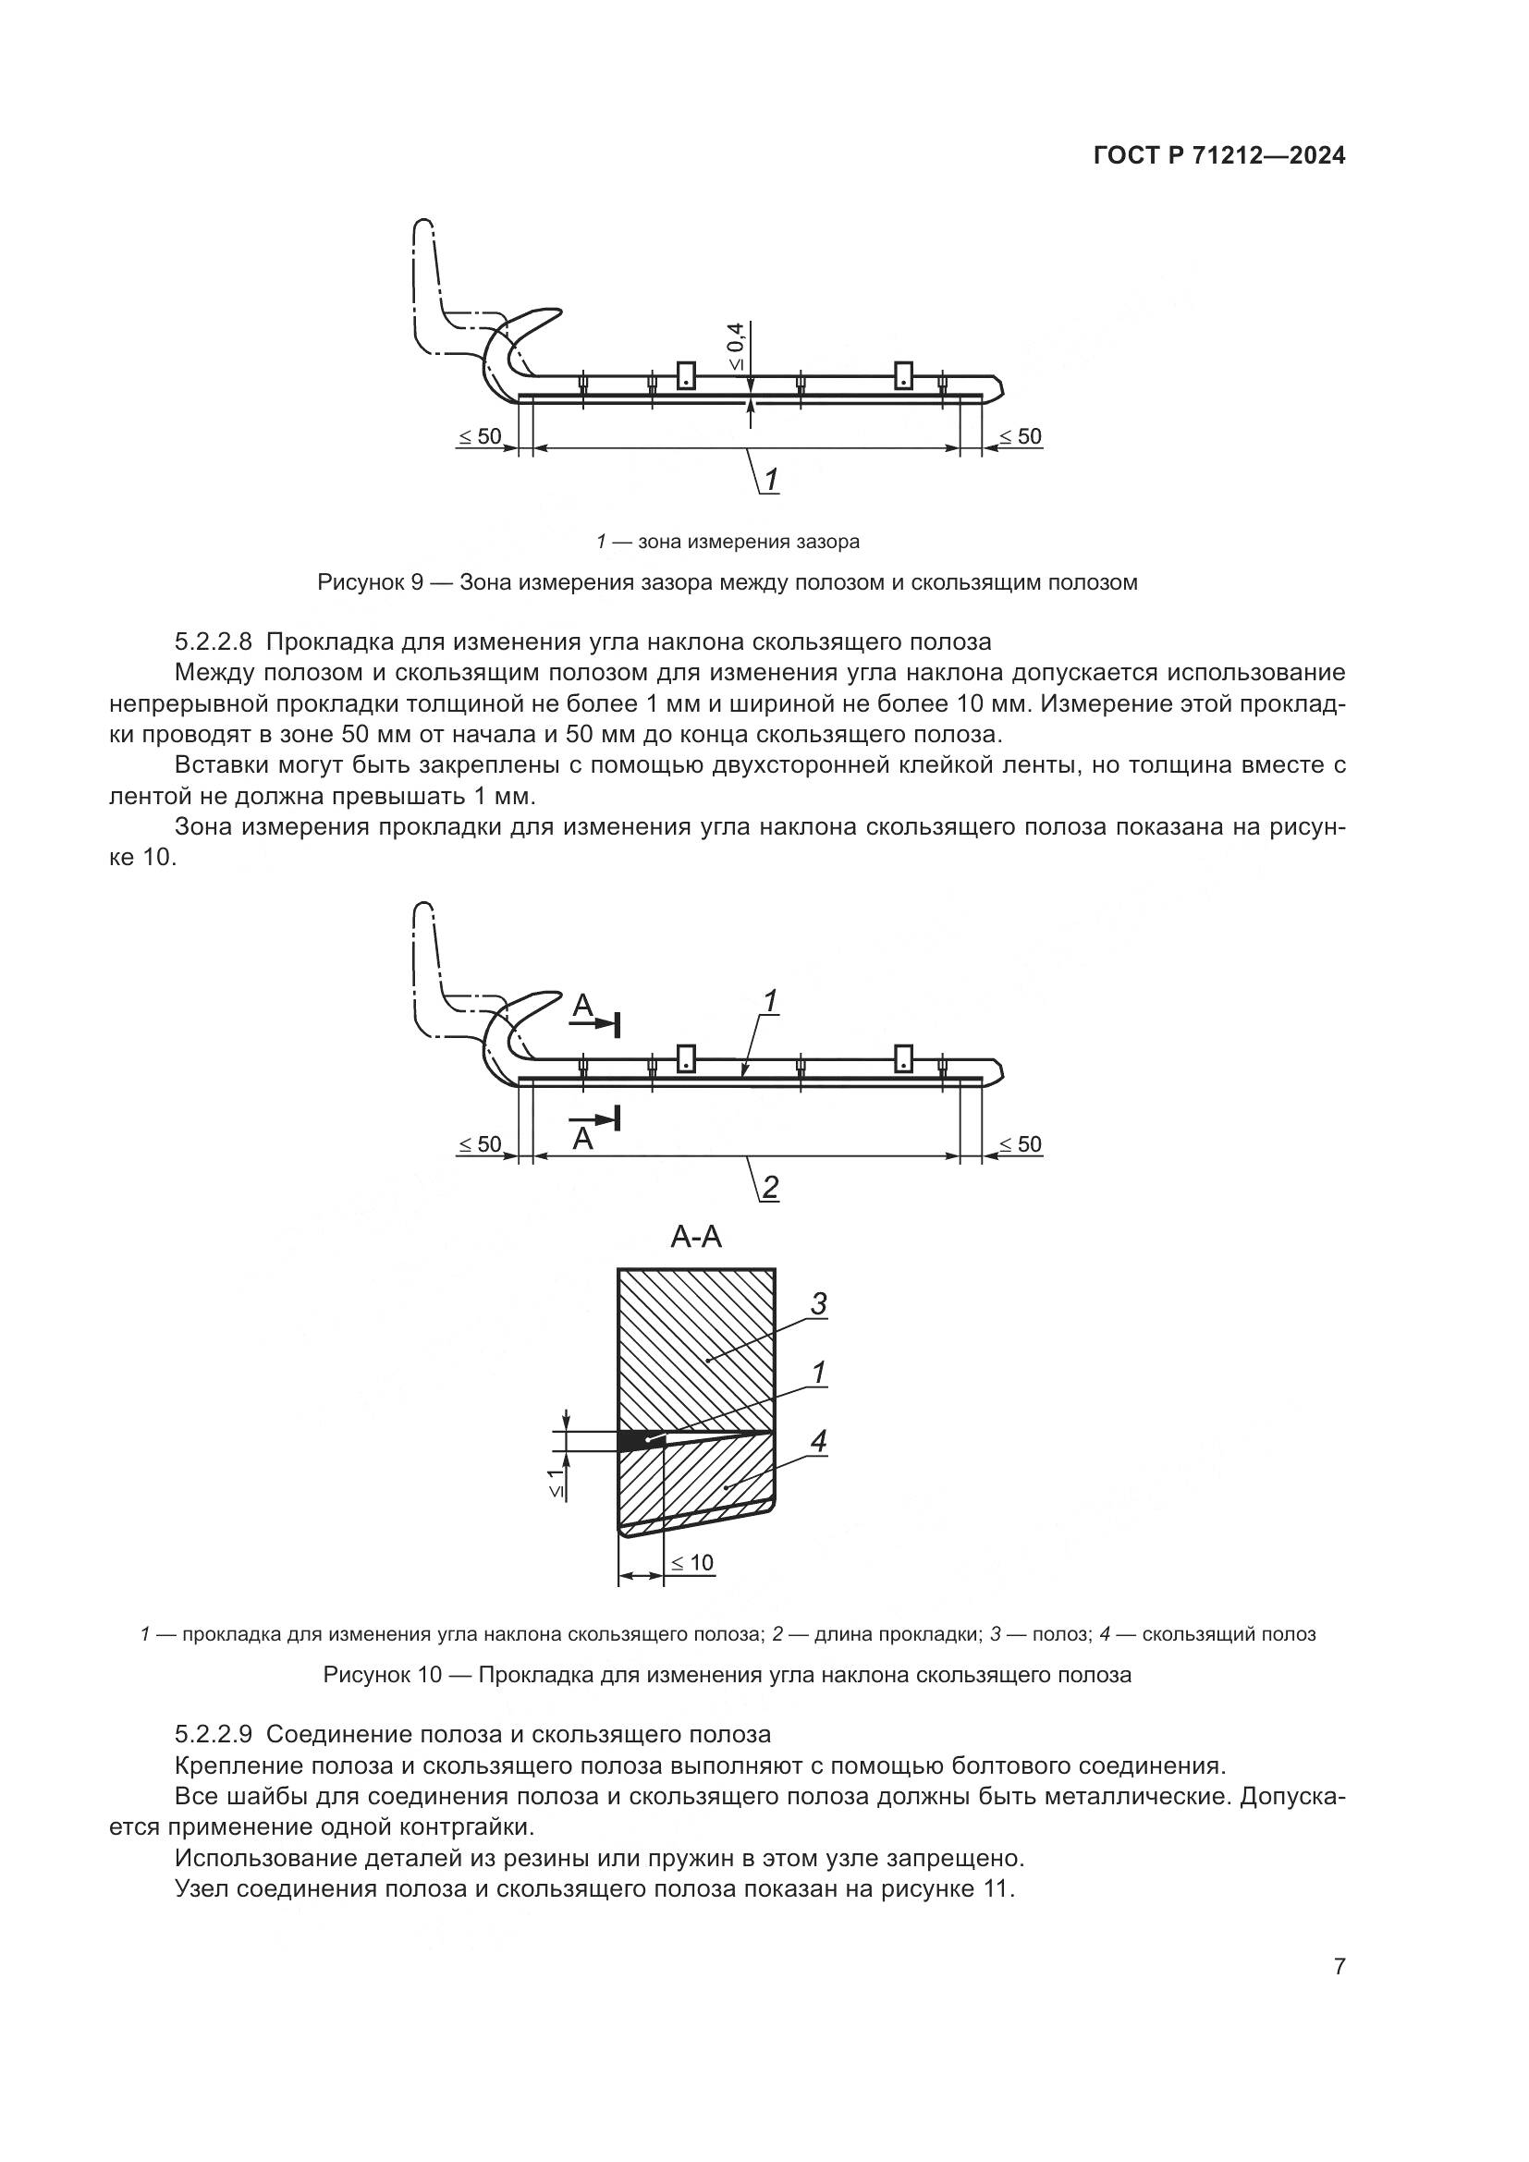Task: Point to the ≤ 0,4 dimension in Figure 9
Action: coord(735,346)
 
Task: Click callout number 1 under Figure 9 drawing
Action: coord(770,481)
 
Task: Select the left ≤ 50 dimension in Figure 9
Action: coord(480,437)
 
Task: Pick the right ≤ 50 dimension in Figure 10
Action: coord(1020,1144)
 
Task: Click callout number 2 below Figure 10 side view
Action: coord(770,1188)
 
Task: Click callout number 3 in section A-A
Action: coord(818,1304)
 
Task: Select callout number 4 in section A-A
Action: coord(818,1441)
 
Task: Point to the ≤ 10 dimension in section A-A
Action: coord(691,1563)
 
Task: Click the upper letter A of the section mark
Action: coord(582,1008)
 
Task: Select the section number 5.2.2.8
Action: coord(214,642)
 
